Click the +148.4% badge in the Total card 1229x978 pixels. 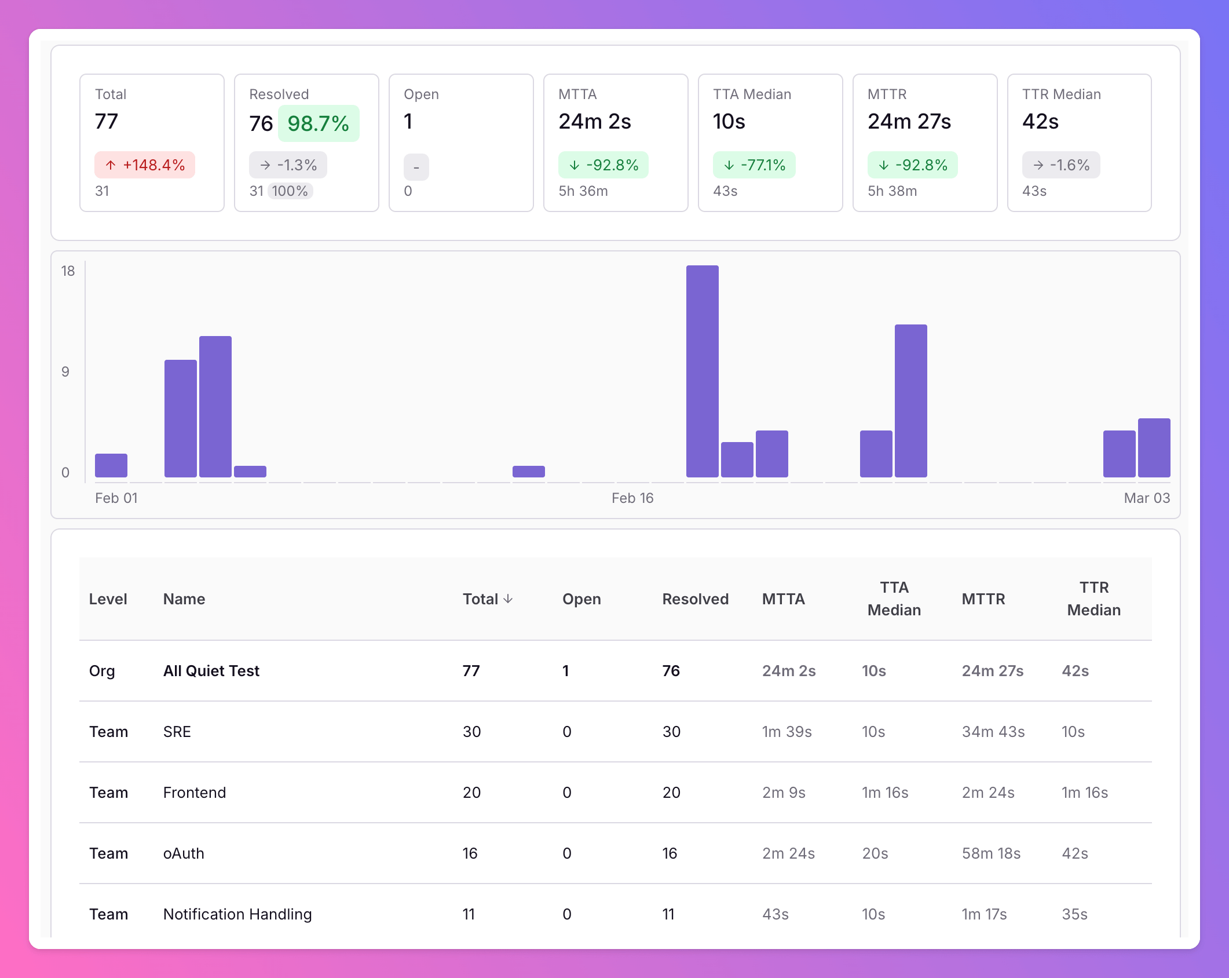(x=145, y=165)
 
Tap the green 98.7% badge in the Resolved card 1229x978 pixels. (x=319, y=123)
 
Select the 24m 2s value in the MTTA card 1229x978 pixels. (x=595, y=122)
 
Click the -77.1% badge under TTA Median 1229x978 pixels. (x=754, y=165)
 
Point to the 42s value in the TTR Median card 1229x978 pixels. (x=1040, y=122)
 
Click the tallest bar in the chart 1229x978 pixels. (x=702, y=371)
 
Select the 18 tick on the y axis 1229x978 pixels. (x=68, y=271)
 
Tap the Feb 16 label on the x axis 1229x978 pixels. (x=632, y=498)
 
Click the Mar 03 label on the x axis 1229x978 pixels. (x=1147, y=498)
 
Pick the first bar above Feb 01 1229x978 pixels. (x=111, y=465)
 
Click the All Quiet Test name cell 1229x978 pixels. (x=211, y=671)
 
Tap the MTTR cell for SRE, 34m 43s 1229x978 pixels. (x=993, y=732)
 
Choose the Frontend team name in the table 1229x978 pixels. (x=195, y=793)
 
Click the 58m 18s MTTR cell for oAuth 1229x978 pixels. (x=991, y=853)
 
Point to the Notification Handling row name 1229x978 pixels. (x=237, y=914)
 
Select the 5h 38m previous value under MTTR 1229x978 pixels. (x=892, y=191)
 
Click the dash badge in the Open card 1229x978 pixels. (x=416, y=167)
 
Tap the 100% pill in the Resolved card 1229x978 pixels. (x=290, y=191)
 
